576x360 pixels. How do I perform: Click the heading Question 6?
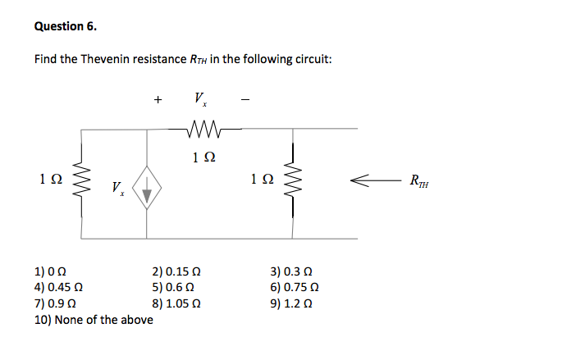point(66,25)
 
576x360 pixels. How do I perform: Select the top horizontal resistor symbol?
point(200,128)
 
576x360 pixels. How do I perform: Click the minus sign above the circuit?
point(244,102)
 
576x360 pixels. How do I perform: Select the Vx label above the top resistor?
point(200,100)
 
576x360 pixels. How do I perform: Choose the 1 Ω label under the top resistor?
point(200,156)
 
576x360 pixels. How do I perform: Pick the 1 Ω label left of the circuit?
point(49,178)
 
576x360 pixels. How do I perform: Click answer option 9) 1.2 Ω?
point(291,303)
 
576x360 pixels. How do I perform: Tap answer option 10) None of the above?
point(93,318)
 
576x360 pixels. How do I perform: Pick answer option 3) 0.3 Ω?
point(291,273)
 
